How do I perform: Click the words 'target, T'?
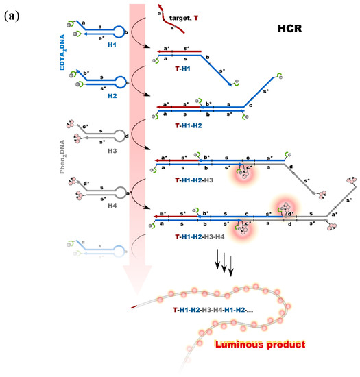click(x=206, y=14)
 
